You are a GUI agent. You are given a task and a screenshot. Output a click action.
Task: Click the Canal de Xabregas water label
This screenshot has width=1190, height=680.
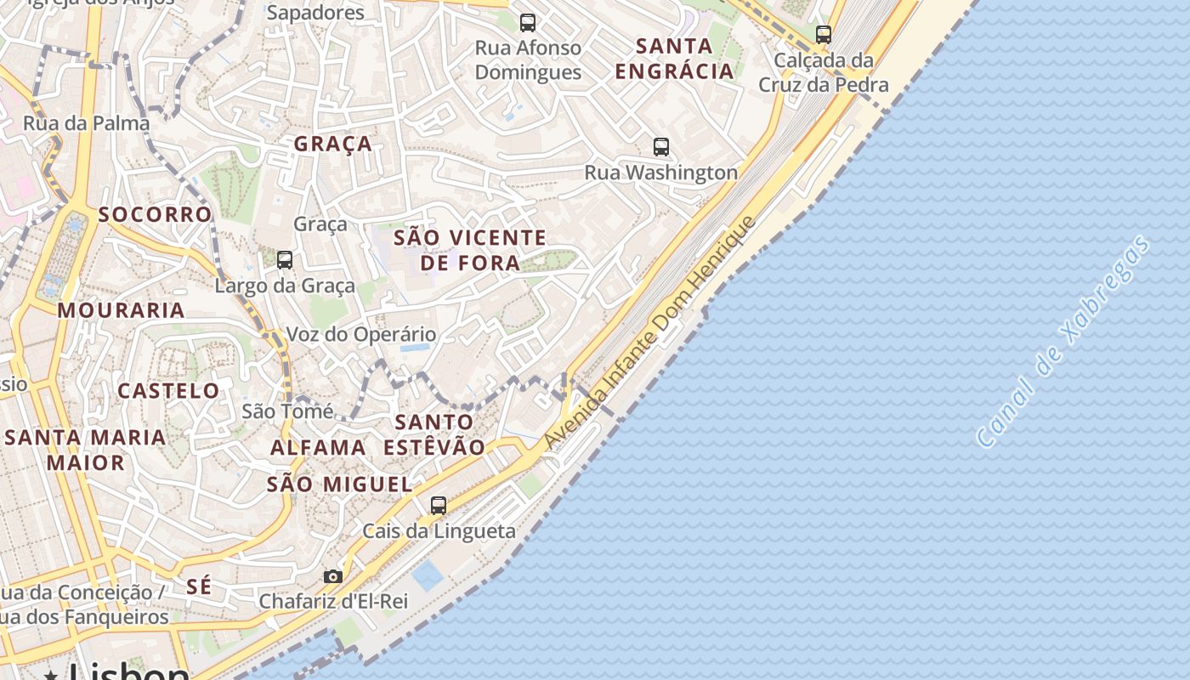(x=1064, y=342)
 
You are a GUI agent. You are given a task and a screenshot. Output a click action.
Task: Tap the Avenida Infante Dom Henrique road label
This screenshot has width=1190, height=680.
(x=650, y=332)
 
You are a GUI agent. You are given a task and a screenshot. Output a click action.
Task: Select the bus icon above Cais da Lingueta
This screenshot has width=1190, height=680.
(x=439, y=506)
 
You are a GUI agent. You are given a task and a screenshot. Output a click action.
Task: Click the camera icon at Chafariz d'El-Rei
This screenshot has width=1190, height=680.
(x=333, y=576)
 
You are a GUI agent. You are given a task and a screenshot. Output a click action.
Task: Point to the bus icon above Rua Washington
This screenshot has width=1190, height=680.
(x=661, y=146)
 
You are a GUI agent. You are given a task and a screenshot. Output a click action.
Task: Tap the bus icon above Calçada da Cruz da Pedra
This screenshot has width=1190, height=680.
(x=823, y=35)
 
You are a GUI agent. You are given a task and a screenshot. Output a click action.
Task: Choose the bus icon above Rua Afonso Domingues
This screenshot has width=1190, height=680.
(x=528, y=23)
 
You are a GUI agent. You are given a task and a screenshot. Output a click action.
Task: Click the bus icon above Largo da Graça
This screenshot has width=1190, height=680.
(x=285, y=260)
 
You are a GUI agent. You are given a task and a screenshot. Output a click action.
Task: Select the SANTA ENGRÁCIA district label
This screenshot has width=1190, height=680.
(x=674, y=58)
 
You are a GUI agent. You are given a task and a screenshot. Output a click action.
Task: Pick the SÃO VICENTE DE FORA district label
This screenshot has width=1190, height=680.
(x=470, y=250)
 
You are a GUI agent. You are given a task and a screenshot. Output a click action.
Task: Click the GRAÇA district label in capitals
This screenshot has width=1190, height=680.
(x=333, y=144)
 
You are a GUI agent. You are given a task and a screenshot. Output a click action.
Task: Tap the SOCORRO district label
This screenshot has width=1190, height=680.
(x=155, y=214)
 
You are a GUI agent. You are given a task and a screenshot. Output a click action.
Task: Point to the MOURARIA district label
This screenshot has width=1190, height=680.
(x=122, y=310)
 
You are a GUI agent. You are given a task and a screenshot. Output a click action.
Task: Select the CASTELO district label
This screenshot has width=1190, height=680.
(x=168, y=391)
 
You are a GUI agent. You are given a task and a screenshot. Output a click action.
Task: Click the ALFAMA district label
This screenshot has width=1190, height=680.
(x=318, y=447)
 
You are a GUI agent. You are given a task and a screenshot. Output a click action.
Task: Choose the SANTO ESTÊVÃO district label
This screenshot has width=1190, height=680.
(x=434, y=434)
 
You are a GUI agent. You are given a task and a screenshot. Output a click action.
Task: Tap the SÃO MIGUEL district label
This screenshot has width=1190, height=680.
(x=339, y=484)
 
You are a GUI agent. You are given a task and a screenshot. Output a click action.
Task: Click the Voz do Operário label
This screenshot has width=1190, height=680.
(x=361, y=335)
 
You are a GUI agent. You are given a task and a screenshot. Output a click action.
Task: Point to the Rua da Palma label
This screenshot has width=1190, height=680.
(x=86, y=123)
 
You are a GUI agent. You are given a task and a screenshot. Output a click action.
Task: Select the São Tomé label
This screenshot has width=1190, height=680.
(x=287, y=411)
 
